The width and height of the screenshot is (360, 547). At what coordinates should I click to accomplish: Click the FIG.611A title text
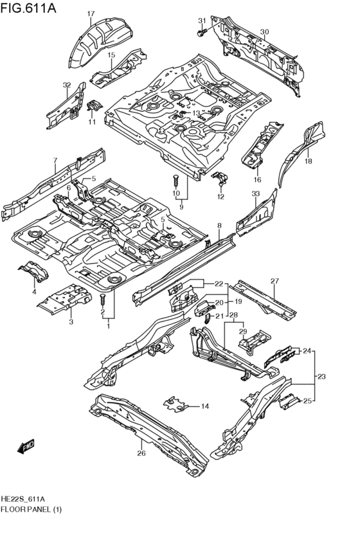click(28, 7)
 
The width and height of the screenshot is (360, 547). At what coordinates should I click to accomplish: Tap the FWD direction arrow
click(26, 447)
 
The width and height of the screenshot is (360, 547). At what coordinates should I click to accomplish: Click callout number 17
click(91, 14)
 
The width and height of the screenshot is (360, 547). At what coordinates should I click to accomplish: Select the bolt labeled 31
click(201, 33)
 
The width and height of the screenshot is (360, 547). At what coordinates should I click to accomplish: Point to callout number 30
click(264, 32)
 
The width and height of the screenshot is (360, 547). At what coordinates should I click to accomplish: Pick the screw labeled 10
click(175, 181)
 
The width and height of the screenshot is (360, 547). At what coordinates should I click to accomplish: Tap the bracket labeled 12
click(220, 178)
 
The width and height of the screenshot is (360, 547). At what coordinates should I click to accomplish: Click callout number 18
click(309, 161)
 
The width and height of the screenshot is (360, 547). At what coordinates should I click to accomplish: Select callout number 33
click(256, 193)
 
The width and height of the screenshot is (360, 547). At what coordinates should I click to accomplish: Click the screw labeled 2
click(103, 299)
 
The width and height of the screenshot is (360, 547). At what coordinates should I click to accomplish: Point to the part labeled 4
click(33, 271)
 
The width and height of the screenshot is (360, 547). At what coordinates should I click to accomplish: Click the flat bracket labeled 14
click(176, 405)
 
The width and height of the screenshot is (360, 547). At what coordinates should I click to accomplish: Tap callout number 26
click(141, 453)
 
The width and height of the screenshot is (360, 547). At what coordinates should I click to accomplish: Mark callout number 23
click(321, 377)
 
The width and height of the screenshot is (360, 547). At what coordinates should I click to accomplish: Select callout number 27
click(275, 281)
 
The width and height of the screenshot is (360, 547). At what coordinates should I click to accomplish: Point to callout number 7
click(55, 161)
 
